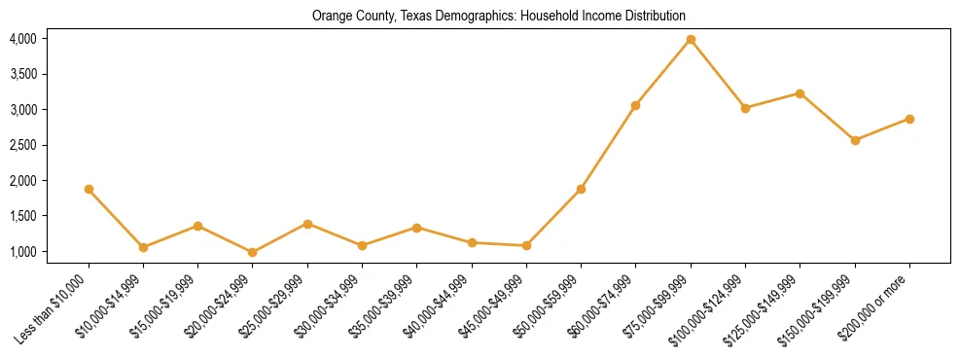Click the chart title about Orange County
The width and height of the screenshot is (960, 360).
[498, 16]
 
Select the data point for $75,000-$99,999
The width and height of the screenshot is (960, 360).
[691, 39]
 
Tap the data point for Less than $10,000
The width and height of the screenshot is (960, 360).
[89, 189]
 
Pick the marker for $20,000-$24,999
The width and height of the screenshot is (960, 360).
[253, 252]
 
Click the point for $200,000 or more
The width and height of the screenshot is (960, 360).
[909, 119]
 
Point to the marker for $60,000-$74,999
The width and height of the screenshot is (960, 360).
[636, 105]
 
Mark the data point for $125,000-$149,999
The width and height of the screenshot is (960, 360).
[800, 93]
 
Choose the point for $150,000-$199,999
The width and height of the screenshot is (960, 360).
[855, 140]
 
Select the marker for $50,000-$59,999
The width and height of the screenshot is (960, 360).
[581, 189]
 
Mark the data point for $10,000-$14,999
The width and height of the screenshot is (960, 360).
[143, 247]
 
